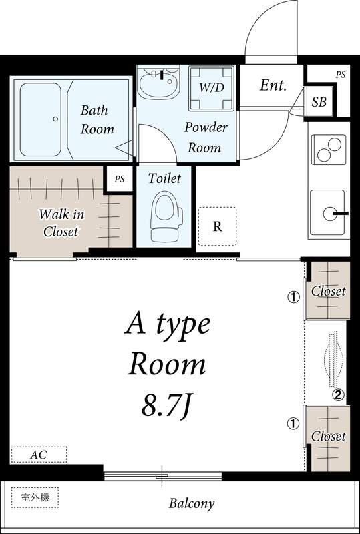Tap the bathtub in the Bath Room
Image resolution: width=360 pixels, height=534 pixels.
coord(41,119)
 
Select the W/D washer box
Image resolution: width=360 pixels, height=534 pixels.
coord(211,88)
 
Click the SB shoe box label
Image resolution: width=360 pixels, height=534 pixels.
coord(319,102)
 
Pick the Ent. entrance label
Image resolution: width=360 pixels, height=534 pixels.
coord(273,85)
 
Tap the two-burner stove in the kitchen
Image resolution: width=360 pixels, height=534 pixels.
coord(329,150)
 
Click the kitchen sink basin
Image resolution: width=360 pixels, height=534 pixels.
coord(327,214)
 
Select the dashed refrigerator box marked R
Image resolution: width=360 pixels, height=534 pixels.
coord(217,226)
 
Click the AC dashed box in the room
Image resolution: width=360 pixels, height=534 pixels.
coord(39,455)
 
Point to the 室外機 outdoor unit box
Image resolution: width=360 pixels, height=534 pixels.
coord(35,497)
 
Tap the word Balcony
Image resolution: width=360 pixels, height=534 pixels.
coord(192,503)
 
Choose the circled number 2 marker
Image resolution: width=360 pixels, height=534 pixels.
coord(338,395)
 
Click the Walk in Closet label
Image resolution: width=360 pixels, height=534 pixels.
coord(61,223)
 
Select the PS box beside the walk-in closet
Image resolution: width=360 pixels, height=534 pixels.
coord(120,179)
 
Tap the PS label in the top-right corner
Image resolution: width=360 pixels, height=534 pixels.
coord(340,75)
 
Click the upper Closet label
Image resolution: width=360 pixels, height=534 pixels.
coord(329,291)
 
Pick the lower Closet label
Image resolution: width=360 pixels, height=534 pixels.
coord(329,437)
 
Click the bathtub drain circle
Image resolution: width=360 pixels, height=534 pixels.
coord(55,119)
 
